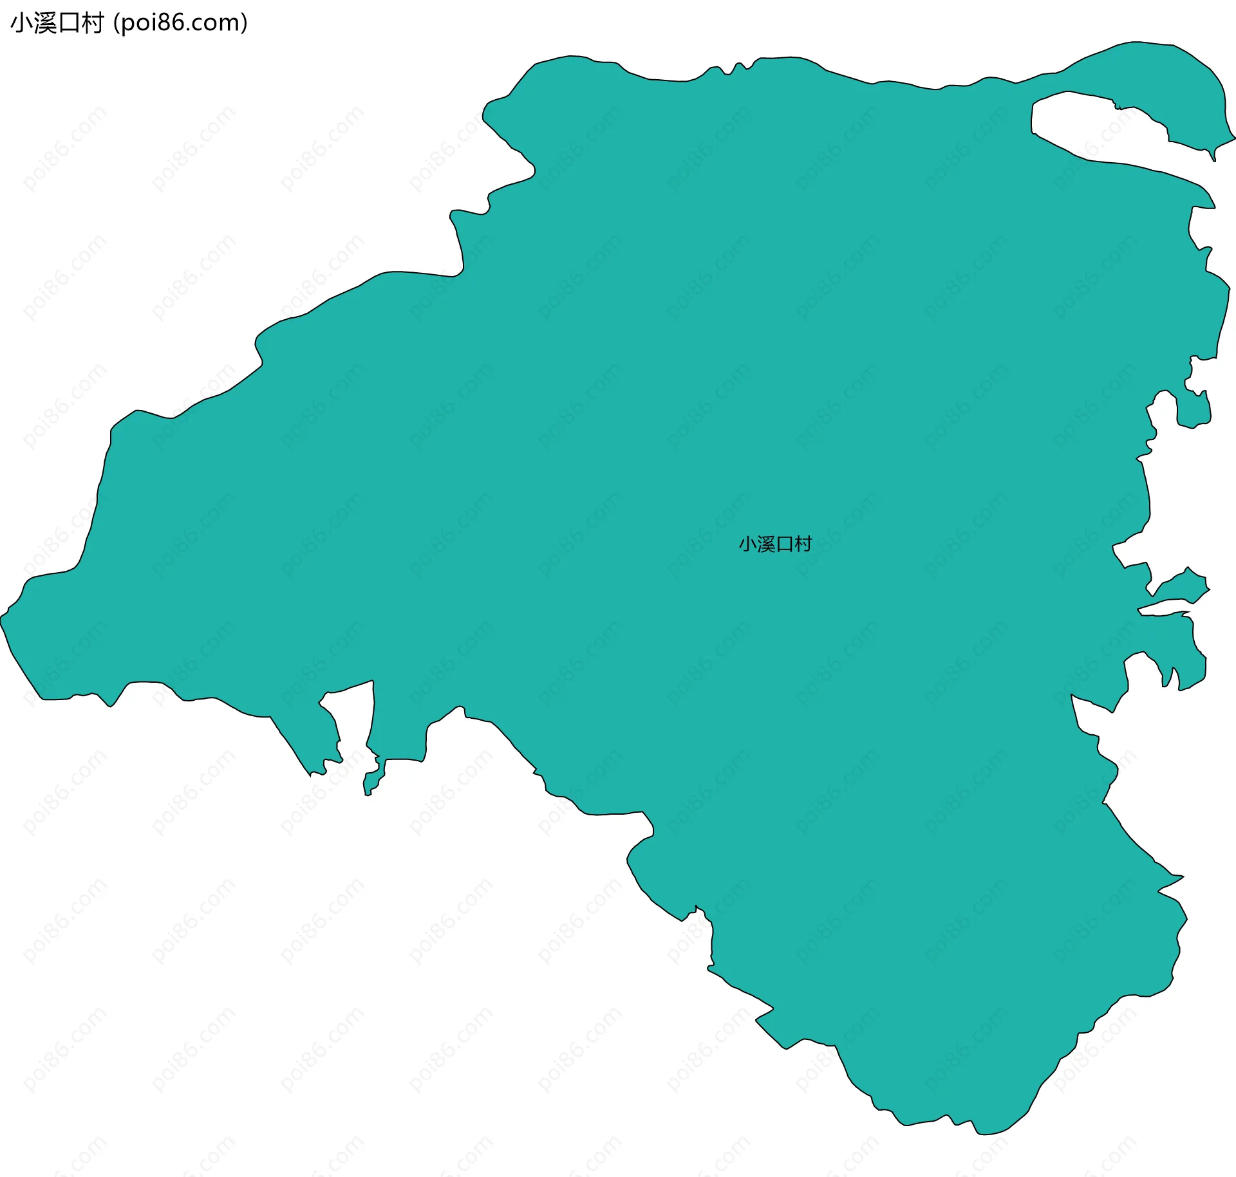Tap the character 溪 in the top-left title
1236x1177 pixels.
coord(44,23)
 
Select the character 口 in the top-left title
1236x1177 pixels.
coord(69,23)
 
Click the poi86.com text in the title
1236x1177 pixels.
coord(180,23)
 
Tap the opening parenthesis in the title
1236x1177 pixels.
coord(116,23)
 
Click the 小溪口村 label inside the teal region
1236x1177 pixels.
coord(775,544)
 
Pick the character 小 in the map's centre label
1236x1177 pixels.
coord(747,544)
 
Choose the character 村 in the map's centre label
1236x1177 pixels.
coord(803,544)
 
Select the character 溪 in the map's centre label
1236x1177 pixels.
coord(766,544)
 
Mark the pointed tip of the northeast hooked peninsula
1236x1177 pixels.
coord(1213,158)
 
